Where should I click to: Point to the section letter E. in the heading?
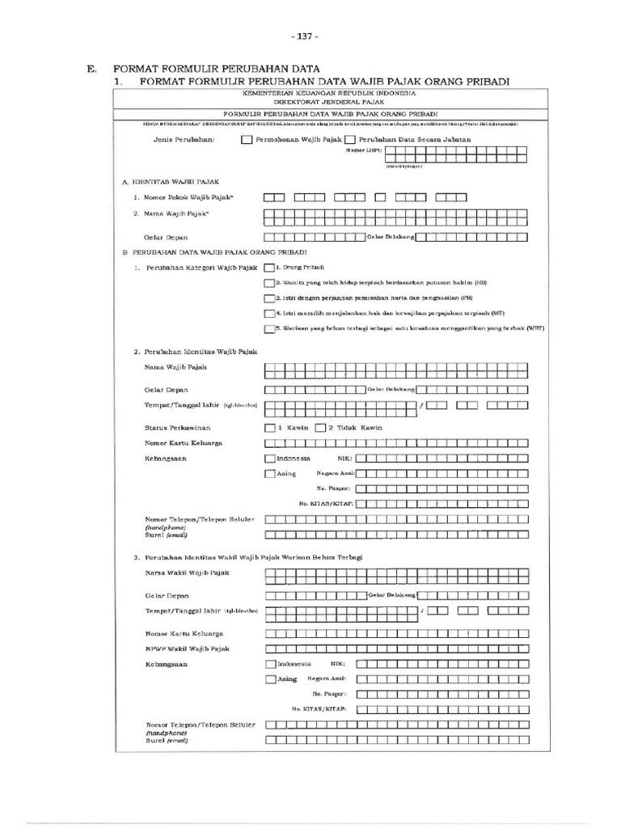(x=92, y=70)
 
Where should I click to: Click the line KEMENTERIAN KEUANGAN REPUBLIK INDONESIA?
(x=319, y=94)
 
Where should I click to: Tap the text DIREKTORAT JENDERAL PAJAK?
(x=319, y=103)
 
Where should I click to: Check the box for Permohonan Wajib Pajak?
(x=247, y=140)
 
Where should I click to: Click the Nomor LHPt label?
(x=363, y=150)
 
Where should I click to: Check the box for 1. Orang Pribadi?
(x=269, y=267)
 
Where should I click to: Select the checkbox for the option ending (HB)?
(x=269, y=283)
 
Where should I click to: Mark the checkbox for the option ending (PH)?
(x=269, y=298)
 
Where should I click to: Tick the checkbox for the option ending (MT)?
(x=269, y=313)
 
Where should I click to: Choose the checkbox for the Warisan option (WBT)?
(x=269, y=328)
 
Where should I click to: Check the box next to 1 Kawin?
(x=269, y=427)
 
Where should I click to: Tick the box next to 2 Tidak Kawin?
(x=320, y=427)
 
